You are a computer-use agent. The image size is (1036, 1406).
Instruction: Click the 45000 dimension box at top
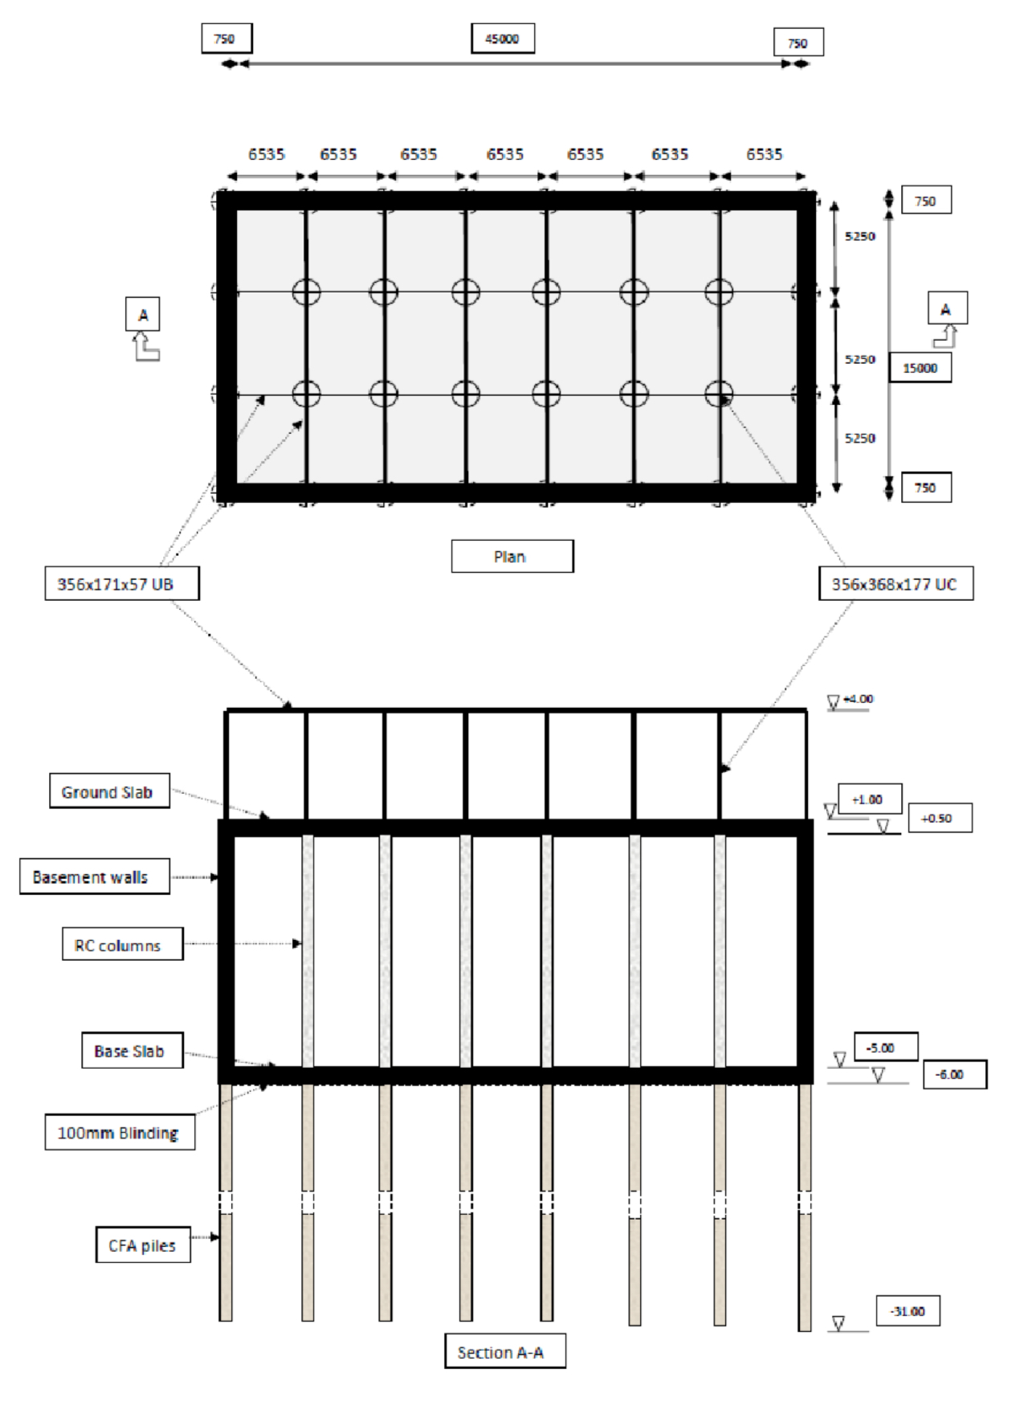pos(502,39)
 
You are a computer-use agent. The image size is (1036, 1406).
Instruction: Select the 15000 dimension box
pos(920,368)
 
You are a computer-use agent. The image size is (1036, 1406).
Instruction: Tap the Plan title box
pos(512,556)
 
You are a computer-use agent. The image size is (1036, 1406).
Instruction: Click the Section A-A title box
pos(504,1352)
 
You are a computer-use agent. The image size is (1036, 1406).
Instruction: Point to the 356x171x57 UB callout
pos(121,584)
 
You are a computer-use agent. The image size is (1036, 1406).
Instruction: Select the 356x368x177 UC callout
pos(895,584)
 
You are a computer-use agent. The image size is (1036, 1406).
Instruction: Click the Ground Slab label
pos(109,792)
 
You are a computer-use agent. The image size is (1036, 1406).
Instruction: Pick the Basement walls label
pos(94,877)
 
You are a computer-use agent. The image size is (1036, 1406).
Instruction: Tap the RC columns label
pos(122,946)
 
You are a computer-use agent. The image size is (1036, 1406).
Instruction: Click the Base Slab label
pos(132,1051)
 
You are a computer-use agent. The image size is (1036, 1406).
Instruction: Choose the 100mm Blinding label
pos(120,1133)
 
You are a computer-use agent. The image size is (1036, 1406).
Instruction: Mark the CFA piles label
pos(143,1245)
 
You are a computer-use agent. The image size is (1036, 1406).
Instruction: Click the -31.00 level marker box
pos(908,1312)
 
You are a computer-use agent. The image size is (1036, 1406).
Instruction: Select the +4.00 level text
pos(859,699)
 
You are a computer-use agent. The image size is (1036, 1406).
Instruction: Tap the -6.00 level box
pos(954,1074)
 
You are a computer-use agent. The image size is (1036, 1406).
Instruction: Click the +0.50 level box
pos(940,818)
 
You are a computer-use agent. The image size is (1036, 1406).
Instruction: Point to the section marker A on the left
pos(143,315)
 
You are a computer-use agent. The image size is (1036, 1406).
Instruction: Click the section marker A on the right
pos(947,309)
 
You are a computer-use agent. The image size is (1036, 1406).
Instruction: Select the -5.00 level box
pos(885,1048)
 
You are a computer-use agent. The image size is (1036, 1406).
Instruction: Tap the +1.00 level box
pos(870,799)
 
